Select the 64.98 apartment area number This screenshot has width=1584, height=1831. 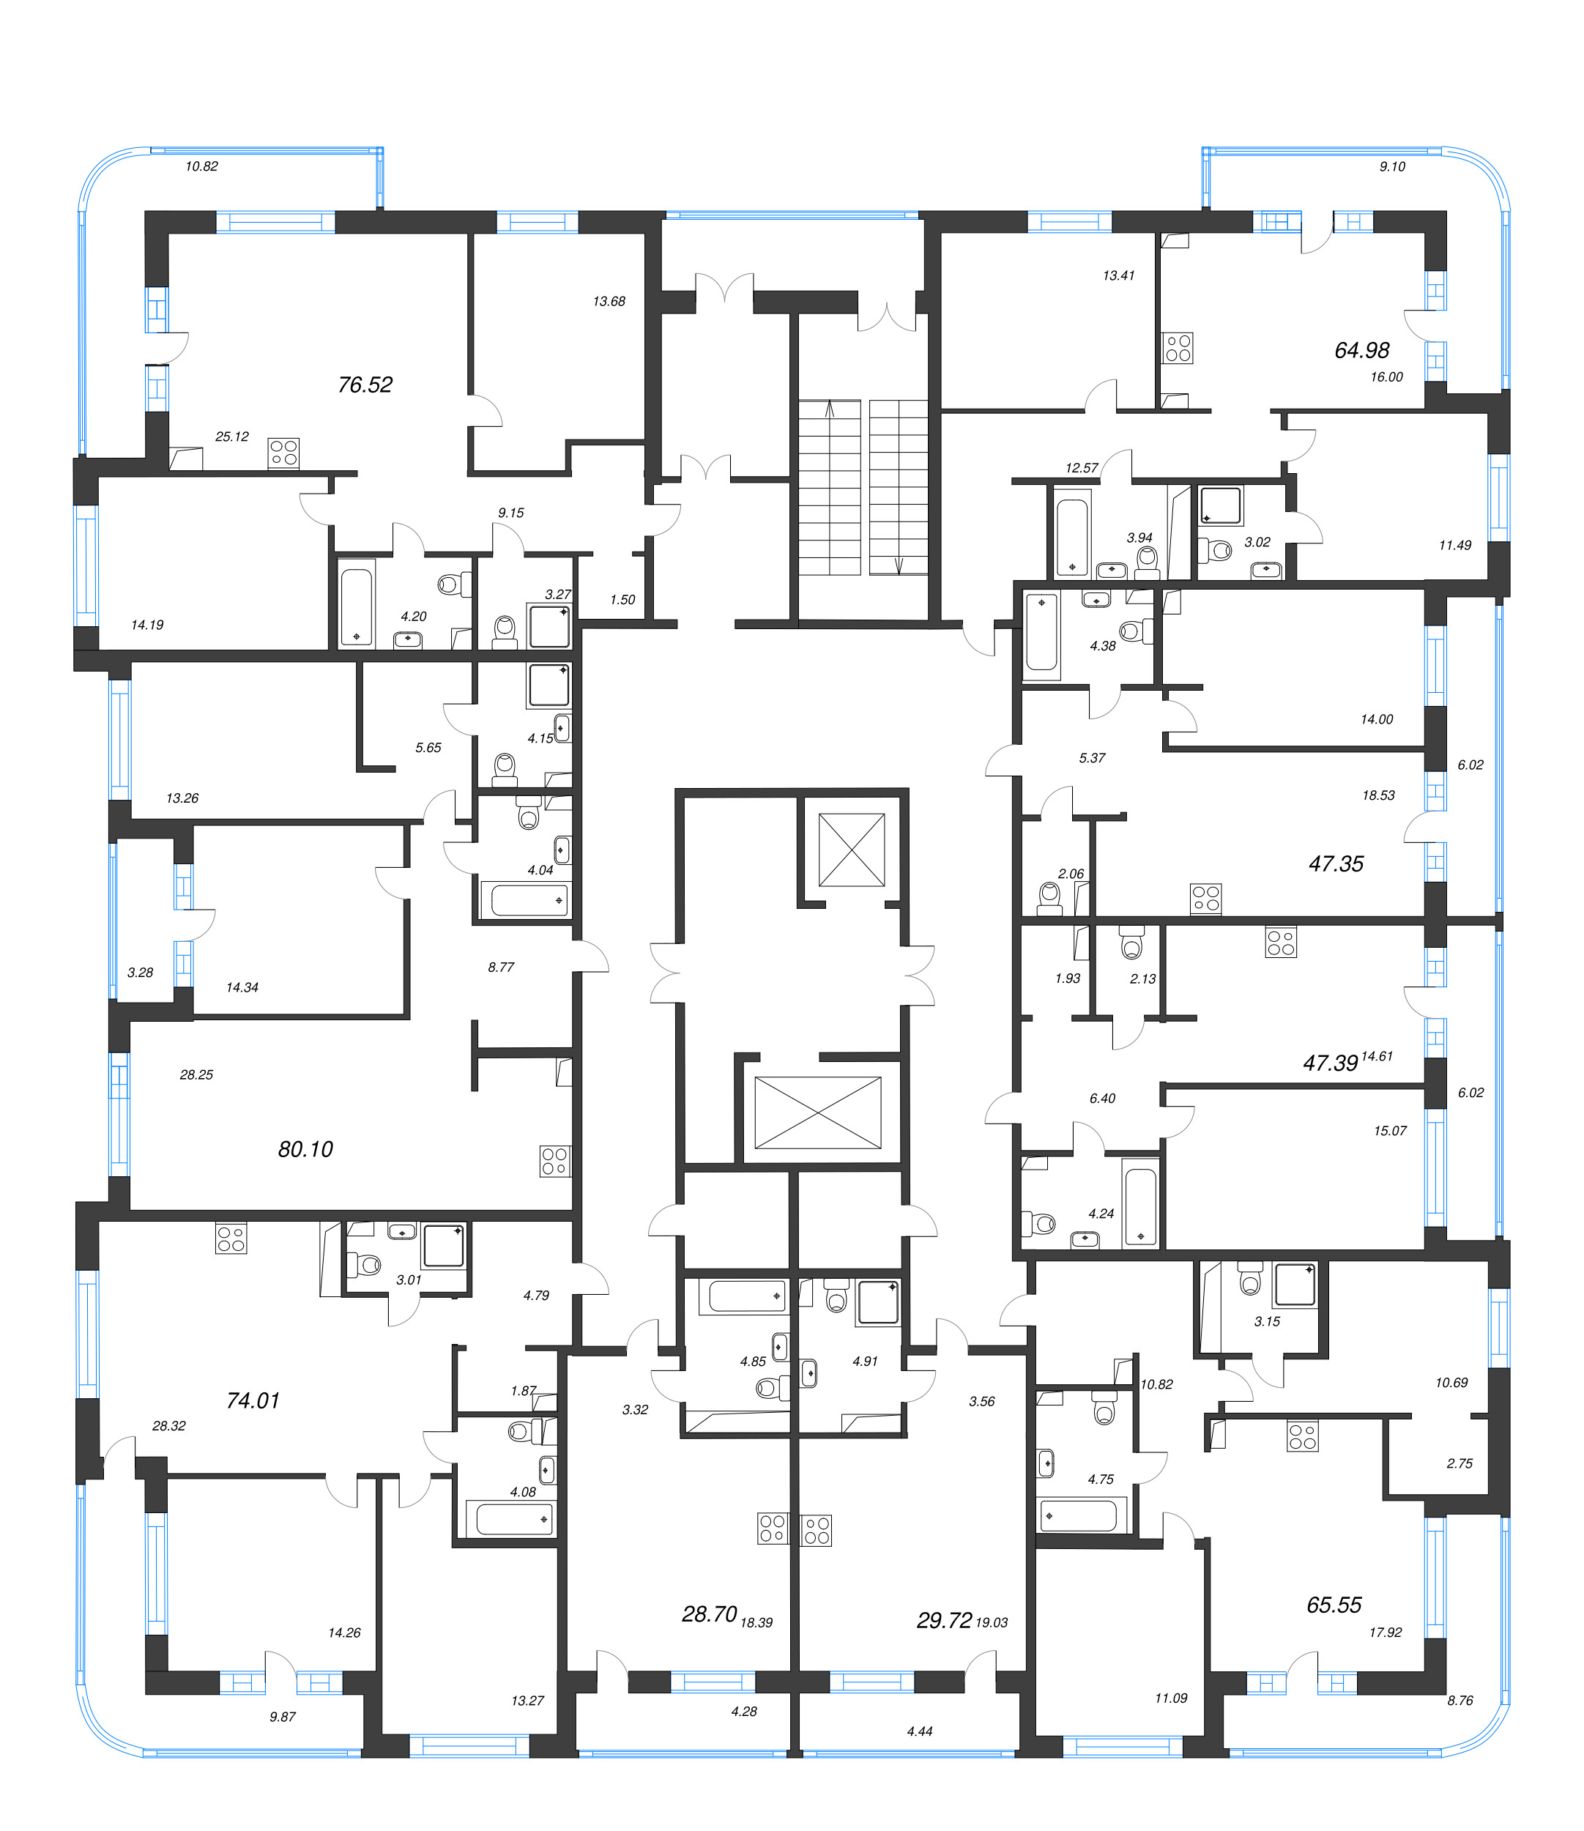[x=1361, y=350]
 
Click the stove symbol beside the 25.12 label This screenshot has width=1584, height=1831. [x=283, y=453]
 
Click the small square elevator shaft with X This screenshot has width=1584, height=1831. [x=851, y=849]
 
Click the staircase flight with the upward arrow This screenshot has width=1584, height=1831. [x=829, y=486]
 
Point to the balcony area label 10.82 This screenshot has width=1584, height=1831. [x=201, y=166]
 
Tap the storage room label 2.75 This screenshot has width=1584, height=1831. [x=1459, y=1463]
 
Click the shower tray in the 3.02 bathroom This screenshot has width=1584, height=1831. [x=1221, y=505]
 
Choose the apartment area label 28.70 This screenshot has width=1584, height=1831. [x=709, y=1614]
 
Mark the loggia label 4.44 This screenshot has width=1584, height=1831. [x=919, y=1731]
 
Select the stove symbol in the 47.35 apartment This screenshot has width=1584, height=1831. [x=1205, y=897]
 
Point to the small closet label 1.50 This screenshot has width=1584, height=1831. [x=622, y=599]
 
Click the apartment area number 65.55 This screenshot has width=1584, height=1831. [x=1333, y=1605]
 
